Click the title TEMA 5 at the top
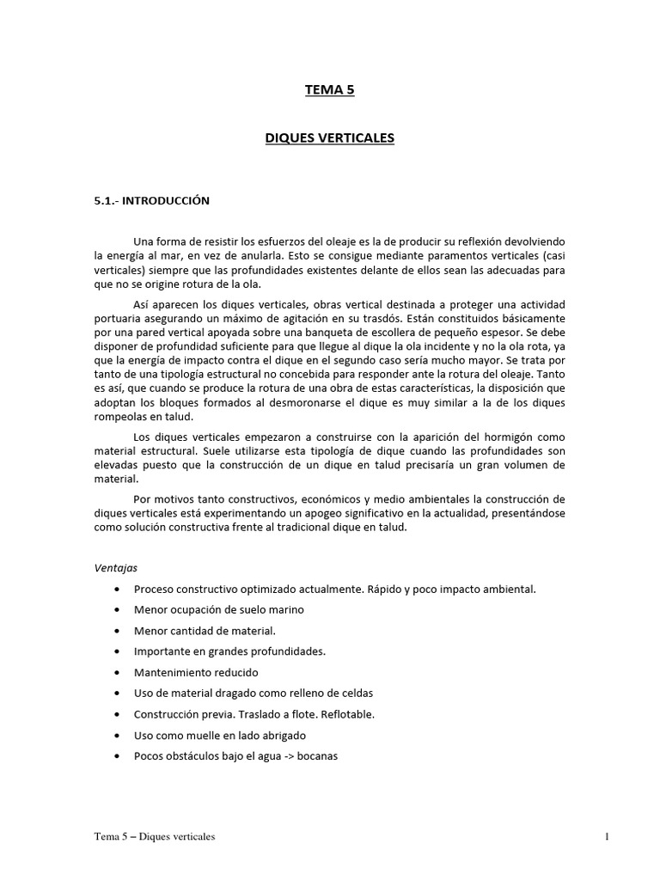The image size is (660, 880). pos(329,91)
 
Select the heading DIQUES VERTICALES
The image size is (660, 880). pos(329,137)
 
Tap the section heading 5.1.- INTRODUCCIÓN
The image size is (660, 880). pos(152,200)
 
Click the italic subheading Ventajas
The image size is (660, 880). pos(115,568)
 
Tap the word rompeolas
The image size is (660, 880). pos(120,418)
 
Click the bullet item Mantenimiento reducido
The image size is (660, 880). pos(196,672)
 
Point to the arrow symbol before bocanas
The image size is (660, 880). pos(289,756)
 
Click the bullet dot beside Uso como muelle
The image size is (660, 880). pos(116,736)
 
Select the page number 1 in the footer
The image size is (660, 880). pos(606,836)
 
